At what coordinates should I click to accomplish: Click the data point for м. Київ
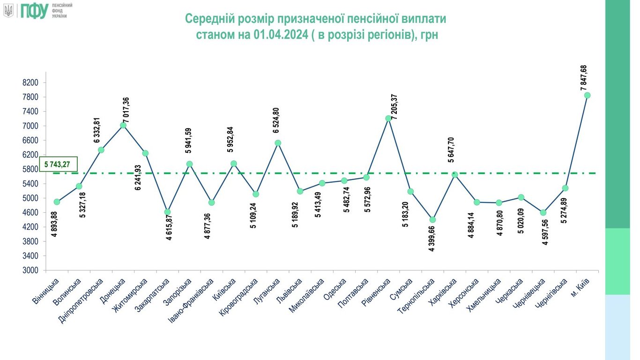(x=587, y=95)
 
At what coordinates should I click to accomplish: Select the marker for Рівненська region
(x=388, y=118)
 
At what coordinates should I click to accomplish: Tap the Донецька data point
(x=123, y=125)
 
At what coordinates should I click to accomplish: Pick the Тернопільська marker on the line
(x=432, y=219)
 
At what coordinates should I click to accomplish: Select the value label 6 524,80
(x=276, y=121)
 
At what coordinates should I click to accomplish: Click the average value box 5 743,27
(x=58, y=164)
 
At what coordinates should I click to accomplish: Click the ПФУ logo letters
(x=34, y=10)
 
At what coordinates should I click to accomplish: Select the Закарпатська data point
(x=167, y=212)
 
